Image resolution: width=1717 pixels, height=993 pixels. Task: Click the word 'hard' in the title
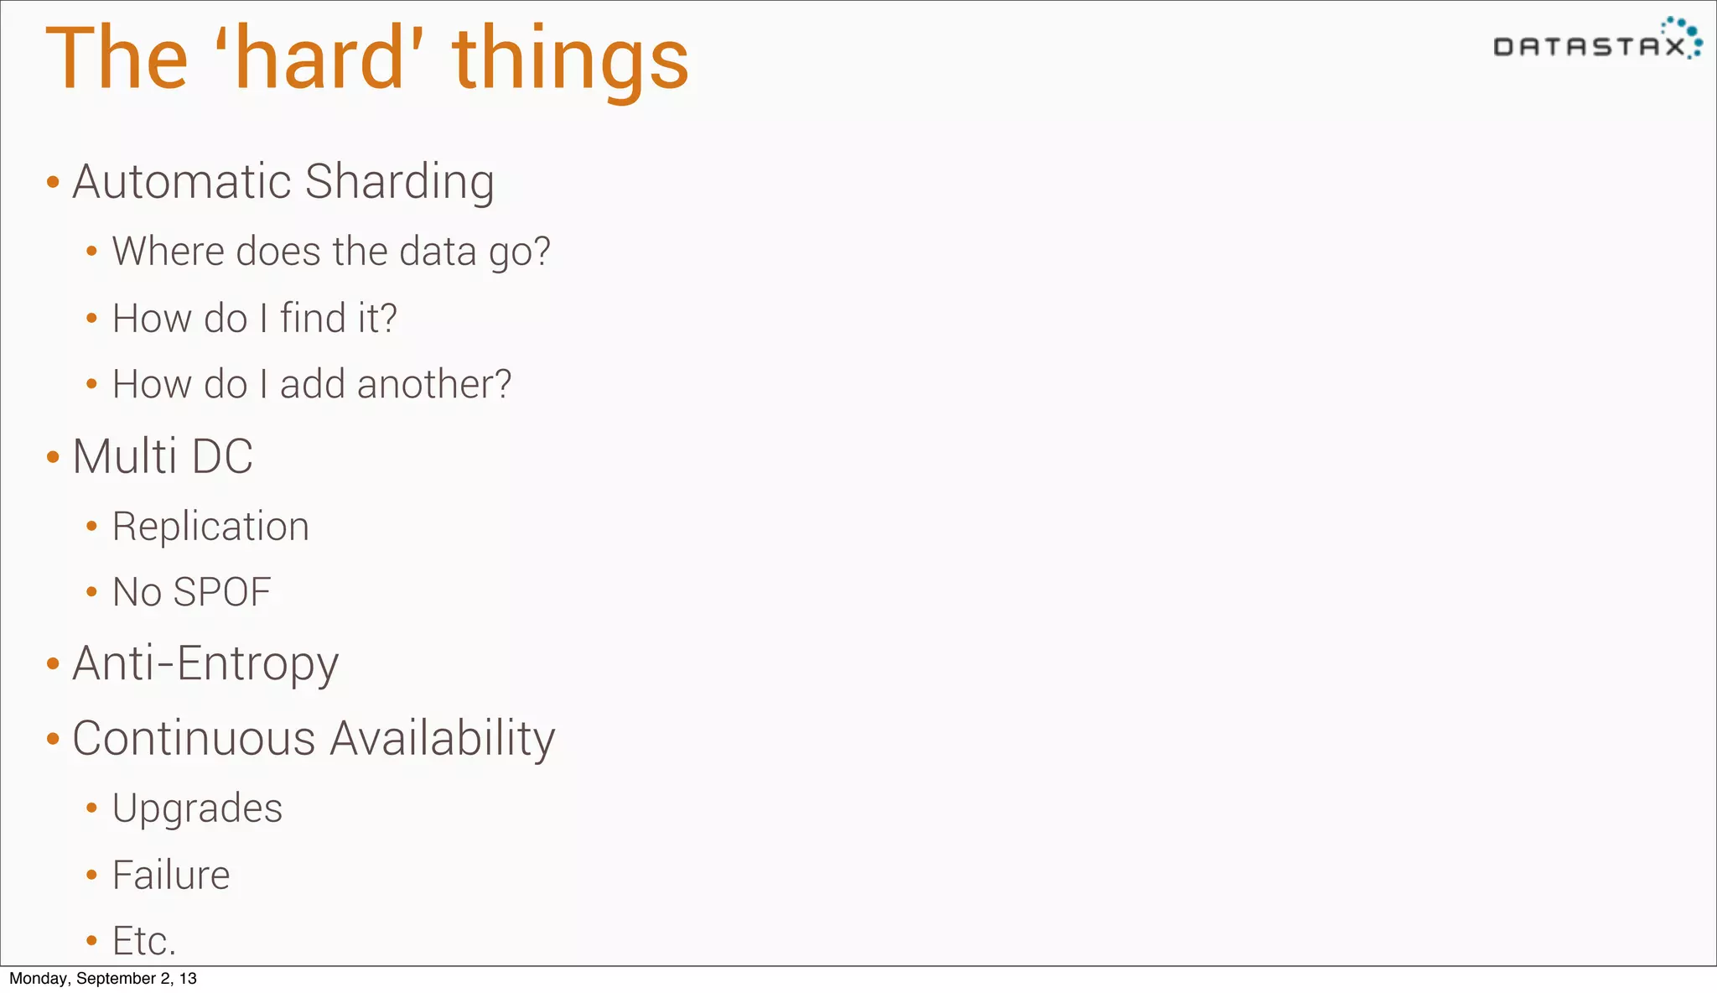319,59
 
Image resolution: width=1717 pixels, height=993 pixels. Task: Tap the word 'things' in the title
570,60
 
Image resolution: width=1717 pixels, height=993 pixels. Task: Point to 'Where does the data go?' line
331,252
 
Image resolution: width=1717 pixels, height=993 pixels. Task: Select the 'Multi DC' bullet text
163,457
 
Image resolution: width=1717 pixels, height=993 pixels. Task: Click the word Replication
210,527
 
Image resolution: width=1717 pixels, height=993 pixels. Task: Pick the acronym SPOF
222,592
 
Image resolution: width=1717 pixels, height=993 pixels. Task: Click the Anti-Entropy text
205,664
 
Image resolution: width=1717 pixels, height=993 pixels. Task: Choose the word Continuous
194,739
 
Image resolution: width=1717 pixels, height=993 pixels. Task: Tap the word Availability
443,740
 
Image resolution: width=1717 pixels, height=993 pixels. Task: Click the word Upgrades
197,809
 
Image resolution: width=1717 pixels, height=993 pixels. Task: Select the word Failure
171,876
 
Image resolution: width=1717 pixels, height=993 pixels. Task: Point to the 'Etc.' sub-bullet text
144,941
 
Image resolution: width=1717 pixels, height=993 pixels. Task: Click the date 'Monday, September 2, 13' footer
103,979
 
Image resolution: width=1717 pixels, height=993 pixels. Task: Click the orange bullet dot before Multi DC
53,458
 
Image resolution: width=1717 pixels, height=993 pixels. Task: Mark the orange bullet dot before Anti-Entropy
53,665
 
